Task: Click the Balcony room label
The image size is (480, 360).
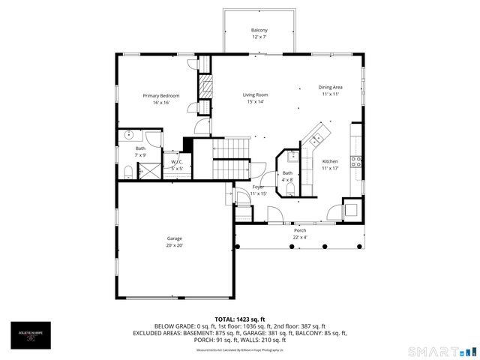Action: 259,30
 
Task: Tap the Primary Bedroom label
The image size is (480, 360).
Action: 161,95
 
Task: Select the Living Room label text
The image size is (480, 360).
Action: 255,94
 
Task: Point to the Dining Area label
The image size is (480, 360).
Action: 331,87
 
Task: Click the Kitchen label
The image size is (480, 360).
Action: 330,161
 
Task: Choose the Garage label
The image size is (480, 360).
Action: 174,238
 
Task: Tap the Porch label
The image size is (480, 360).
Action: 300,230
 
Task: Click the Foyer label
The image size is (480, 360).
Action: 258,186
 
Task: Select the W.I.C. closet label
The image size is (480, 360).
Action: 177,162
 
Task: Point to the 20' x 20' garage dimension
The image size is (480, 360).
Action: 174,245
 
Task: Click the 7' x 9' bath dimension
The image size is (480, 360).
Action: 141,154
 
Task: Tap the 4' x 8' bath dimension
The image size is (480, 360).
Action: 287,180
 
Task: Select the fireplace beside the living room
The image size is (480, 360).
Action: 204,88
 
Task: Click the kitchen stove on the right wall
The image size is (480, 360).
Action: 357,159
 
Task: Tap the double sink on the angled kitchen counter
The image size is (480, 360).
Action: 317,138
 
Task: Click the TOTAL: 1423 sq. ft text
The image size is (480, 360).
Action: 240,319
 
